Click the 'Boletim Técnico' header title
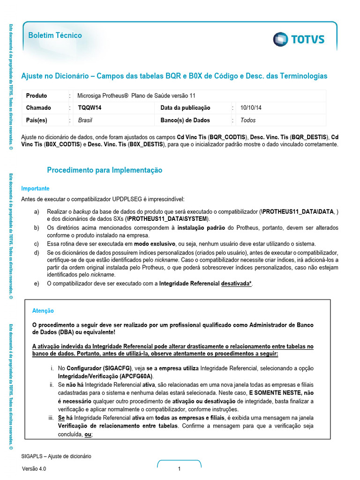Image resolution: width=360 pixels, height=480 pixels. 55,36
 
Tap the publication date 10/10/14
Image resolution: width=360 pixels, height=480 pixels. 251,108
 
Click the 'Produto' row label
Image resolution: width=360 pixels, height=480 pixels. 37,96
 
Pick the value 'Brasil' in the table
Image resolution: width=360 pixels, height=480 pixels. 85,120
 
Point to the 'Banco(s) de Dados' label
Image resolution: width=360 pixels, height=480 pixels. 185,120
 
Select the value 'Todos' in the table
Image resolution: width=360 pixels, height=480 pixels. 248,120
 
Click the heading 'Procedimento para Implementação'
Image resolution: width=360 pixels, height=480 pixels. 105,170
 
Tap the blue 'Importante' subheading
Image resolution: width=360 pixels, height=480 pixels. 35,188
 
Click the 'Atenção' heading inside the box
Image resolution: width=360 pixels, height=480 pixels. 43,311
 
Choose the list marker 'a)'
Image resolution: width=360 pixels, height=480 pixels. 37,212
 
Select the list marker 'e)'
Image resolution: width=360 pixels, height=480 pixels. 37,284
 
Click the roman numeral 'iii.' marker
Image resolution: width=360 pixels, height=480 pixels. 52,417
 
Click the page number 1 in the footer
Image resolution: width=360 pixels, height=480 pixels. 179,469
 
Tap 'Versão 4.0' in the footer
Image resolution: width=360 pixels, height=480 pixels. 34,469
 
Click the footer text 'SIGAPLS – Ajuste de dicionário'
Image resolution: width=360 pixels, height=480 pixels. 56,456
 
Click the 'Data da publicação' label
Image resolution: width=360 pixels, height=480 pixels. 185,108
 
